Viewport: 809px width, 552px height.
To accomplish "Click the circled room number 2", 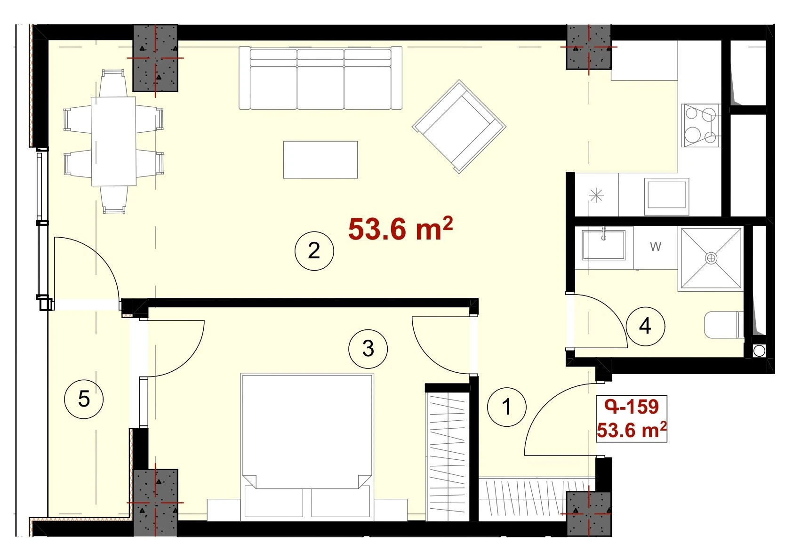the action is point(314,251).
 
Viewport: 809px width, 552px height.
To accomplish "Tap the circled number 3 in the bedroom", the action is point(368,349).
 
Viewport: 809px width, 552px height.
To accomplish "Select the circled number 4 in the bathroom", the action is point(645,326).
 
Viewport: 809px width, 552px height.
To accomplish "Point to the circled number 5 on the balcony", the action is point(84,399).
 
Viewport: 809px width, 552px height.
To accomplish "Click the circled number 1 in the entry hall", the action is point(506,407).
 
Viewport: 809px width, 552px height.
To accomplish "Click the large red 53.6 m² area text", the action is point(400,229).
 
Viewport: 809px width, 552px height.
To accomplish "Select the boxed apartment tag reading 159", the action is point(632,419).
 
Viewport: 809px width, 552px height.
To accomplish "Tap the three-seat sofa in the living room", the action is point(320,78).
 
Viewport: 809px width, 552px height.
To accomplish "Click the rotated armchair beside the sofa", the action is point(459,127).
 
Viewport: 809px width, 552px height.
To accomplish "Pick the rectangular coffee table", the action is point(320,160).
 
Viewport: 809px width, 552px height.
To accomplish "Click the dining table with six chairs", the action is point(113,141).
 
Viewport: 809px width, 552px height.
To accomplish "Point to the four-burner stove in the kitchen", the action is point(700,125).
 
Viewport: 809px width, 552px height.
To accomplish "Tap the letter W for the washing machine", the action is point(656,246).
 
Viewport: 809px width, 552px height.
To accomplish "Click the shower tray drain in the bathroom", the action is point(711,258).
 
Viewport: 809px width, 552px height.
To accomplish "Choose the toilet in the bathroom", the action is point(724,325).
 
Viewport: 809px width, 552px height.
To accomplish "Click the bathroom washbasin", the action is point(604,245).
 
